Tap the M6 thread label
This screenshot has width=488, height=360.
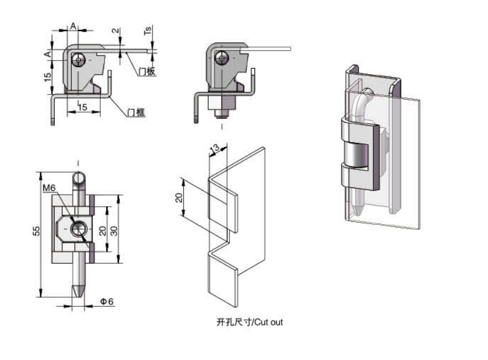point(48,188)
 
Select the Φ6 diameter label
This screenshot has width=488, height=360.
point(107,302)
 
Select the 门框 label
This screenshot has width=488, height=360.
point(136,113)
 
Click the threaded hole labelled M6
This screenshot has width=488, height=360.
point(77,229)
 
